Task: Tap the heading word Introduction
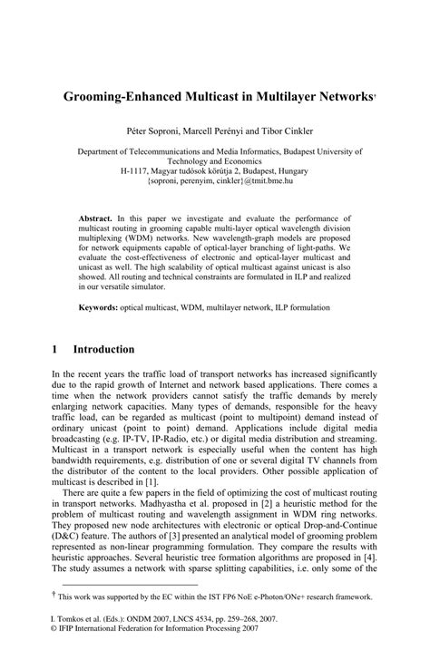[104, 349]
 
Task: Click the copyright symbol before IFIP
[54, 650]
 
